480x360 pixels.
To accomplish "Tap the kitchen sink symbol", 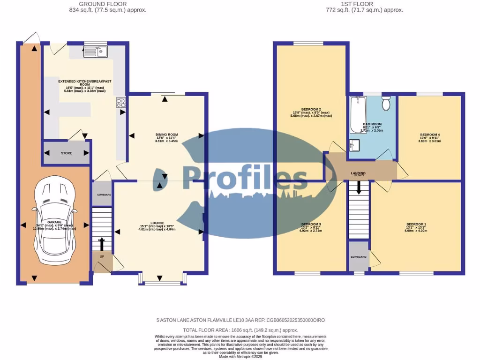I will tap(96, 51).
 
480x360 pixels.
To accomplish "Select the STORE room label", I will tap(66, 153).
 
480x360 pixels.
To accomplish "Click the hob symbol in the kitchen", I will tap(121, 103).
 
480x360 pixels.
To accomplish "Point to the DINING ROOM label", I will tap(166, 135).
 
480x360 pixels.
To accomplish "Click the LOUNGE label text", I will tap(157, 223).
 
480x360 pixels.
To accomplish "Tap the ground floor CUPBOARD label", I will tap(104, 195).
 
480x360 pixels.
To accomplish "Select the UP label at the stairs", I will tap(102, 256).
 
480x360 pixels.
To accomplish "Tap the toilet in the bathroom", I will tap(386, 103).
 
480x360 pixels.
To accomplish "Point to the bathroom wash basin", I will tap(354, 145).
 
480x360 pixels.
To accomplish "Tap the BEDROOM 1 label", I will tap(416, 225).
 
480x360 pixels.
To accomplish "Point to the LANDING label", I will tap(358, 173).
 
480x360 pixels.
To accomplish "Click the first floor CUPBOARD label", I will tap(359, 257).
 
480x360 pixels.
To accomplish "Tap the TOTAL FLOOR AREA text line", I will tap(240, 330).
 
